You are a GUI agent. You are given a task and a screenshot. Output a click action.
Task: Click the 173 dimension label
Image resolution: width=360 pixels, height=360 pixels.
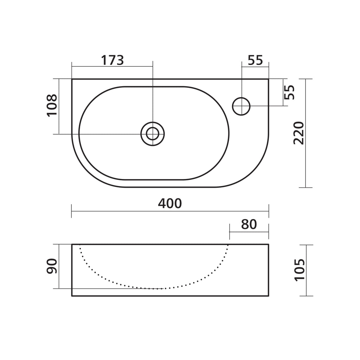[112, 60]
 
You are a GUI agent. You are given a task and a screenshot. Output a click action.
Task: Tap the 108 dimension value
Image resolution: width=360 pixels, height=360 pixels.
[52, 105]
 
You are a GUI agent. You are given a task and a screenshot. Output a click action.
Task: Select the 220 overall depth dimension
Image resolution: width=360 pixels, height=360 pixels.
[299, 133]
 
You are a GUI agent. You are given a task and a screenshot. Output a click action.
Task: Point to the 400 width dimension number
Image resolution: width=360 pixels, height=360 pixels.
[170, 204]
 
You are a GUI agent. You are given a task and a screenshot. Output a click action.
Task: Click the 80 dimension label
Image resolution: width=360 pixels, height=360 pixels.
[249, 225]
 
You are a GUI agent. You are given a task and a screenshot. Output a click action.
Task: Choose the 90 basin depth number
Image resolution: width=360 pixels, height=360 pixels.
[52, 266]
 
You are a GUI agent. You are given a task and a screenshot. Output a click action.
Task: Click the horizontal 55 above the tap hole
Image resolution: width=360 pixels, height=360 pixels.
[255, 60]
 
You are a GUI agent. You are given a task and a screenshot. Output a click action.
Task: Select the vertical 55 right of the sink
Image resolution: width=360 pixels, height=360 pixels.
[289, 92]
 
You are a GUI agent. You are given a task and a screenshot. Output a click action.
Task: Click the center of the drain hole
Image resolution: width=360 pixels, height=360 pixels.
[153, 134]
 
